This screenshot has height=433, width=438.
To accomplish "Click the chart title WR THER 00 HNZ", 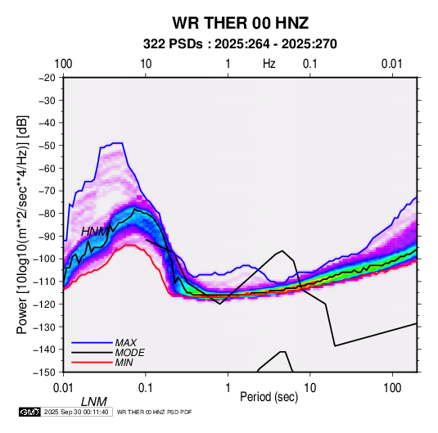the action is (240, 23).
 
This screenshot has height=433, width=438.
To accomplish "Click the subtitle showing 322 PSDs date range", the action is (240, 44).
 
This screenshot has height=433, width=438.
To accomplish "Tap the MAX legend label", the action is (126, 343).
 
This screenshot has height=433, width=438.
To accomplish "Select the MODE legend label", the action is (129, 353).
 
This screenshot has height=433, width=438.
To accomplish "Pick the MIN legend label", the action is (124, 363).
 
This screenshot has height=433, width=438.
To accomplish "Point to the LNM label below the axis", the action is (94, 402).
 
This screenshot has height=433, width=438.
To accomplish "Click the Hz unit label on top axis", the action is (269, 64).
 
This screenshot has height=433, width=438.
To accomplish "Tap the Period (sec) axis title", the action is (269, 397).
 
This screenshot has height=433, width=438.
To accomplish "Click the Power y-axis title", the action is (22, 224).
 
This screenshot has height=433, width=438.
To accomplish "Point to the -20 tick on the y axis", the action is (47, 78).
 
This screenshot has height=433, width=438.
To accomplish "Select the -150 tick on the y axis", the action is (45, 372).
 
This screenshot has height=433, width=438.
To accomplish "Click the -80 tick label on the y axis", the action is (47, 214).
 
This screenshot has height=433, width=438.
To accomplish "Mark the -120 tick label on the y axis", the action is (45, 304).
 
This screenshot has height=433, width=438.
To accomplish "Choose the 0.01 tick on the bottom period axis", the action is (63, 388).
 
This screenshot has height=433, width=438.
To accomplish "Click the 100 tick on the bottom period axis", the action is (392, 388).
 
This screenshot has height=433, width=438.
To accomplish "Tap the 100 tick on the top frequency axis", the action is (63, 64).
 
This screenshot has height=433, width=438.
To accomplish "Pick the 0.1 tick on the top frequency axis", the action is (310, 64).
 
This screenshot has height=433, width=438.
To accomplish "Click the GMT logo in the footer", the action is (30, 412).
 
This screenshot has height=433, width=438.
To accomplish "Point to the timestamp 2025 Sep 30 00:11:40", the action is (76, 412).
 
